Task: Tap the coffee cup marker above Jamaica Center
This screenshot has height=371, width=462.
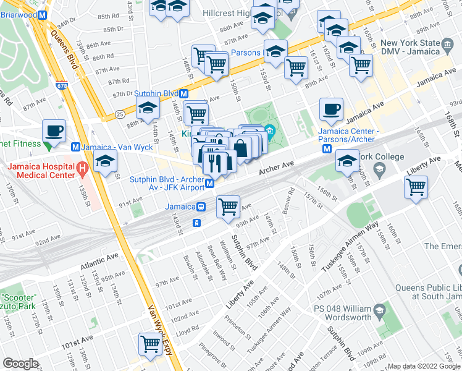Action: click(331, 109)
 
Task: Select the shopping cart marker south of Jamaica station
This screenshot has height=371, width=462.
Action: click(229, 207)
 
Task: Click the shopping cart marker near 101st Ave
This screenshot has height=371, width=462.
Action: click(150, 344)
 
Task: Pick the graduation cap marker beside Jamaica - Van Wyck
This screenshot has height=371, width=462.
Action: click(106, 162)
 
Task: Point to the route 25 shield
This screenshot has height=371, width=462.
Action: click(118, 114)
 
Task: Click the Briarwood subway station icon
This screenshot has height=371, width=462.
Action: click(42, 16)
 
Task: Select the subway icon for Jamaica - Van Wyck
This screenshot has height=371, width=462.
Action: click(75, 147)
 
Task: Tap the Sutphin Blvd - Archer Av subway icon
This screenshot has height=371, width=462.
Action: click(210, 183)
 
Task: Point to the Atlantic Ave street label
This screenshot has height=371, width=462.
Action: click(98, 261)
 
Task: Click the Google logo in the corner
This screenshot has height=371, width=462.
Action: click(20, 364)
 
